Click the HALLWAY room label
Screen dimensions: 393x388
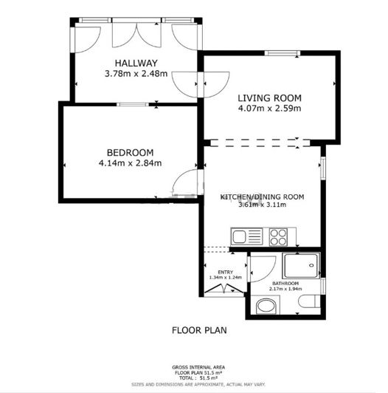[x=136, y=63]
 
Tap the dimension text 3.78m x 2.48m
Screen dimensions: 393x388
[x=136, y=74]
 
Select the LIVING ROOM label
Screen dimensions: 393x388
[x=270, y=98]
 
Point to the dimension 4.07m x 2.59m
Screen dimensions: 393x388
[x=270, y=109]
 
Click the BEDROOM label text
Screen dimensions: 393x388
[x=130, y=152]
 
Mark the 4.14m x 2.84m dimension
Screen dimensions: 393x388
[x=130, y=163]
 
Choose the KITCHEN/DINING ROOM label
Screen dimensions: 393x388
[x=262, y=196]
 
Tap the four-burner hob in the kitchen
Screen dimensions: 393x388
[x=278, y=237]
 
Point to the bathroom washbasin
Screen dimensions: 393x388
[x=264, y=306]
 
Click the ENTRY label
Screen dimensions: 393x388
[x=226, y=271]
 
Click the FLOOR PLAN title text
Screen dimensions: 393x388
[x=198, y=330]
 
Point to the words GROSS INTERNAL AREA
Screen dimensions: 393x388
[x=199, y=367]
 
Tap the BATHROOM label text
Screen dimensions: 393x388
[x=285, y=284]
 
